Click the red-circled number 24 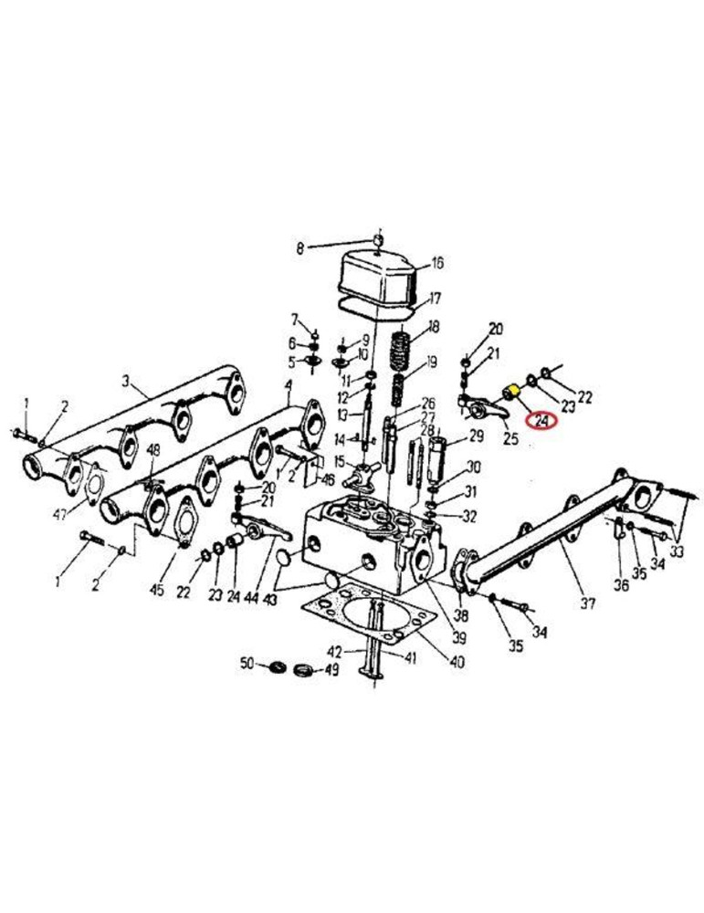click(x=541, y=420)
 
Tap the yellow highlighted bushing click(x=512, y=392)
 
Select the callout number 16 click(x=436, y=264)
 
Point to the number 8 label click(x=299, y=249)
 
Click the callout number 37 click(x=588, y=603)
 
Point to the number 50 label click(x=248, y=663)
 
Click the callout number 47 click(x=58, y=514)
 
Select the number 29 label click(x=477, y=436)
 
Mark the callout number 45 click(x=157, y=589)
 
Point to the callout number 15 click(x=340, y=462)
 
